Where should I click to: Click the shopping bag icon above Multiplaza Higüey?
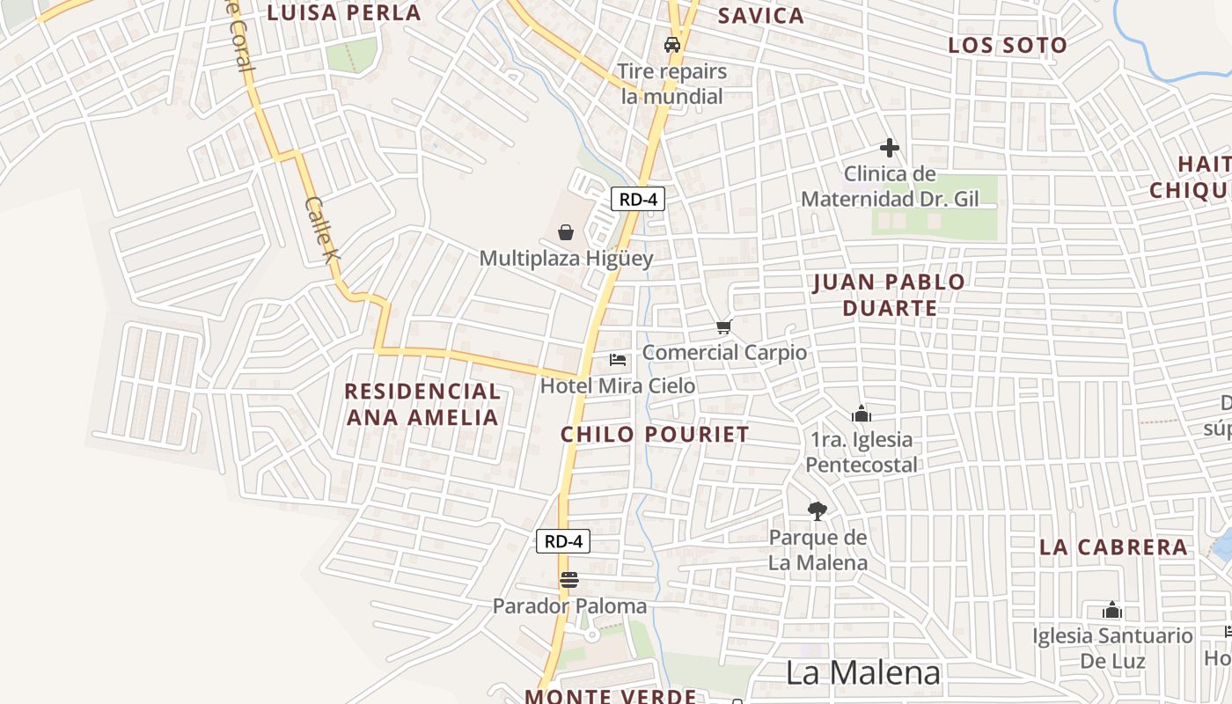(566, 232)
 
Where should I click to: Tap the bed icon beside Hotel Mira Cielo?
(618, 359)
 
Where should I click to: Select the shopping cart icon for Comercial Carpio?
(723, 327)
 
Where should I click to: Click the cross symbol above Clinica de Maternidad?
(890, 148)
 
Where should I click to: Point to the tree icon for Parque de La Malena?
(818, 510)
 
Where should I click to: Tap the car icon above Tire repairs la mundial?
(672, 45)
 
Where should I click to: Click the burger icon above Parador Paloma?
(569, 580)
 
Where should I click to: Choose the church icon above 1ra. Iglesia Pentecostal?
(861, 413)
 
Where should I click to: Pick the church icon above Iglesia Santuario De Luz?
(1112, 610)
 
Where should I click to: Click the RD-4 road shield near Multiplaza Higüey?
(638, 199)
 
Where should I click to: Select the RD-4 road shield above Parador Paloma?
(563, 541)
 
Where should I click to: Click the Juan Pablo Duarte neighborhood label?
(889, 295)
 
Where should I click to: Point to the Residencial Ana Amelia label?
(422, 404)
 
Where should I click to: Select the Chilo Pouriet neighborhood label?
(655, 434)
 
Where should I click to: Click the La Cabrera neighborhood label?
(1113, 546)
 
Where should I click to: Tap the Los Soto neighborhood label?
(1008, 45)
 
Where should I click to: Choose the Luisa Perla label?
(344, 12)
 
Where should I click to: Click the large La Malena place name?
(862, 673)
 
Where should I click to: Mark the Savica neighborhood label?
(761, 15)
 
